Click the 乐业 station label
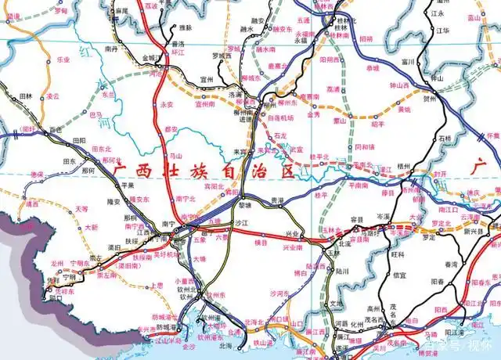tap(64, 59)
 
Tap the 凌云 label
tap(52, 96)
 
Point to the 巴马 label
tap(96, 114)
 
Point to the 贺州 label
tap(429, 100)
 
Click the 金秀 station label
tap(314, 113)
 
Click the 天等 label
tap(81, 209)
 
